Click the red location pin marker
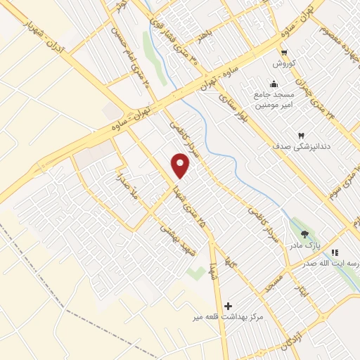(x=181, y=166)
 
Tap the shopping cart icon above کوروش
(x=283, y=53)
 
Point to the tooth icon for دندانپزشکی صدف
(x=301, y=134)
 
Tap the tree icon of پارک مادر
(x=304, y=235)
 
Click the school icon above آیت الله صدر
(x=335, y=252)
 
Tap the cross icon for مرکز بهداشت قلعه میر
(x=227, y=306)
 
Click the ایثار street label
(x=300, y=285)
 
